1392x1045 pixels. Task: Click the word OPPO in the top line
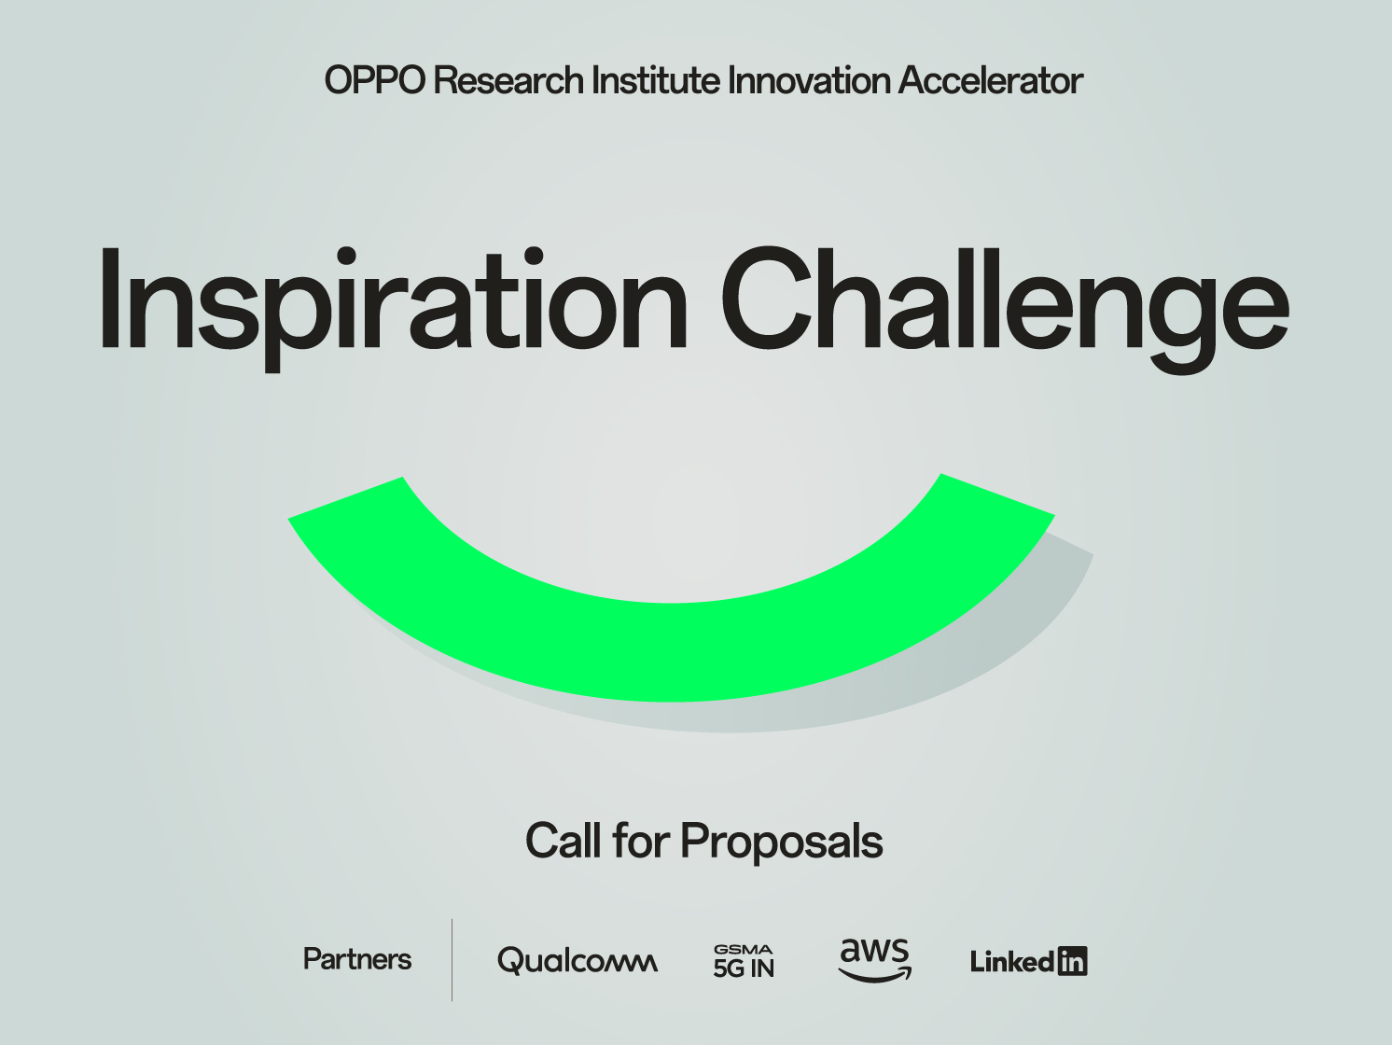click(374, 81)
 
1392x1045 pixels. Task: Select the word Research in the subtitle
click(508, 81)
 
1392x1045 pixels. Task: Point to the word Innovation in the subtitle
click(809, 81)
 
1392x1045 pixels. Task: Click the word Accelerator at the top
click(990, 81)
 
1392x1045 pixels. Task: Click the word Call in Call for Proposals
click(563, 842)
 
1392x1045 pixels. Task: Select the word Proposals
click(781, 842)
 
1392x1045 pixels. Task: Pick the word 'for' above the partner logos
click(641, 842)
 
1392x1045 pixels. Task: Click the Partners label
click(357, 959)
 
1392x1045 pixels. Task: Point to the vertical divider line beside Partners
click(452, 960)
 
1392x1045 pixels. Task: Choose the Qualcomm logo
click(577, 960)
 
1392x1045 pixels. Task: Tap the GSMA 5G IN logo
click(744, 961)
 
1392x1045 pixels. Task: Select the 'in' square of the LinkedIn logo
click(1073, 961)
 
